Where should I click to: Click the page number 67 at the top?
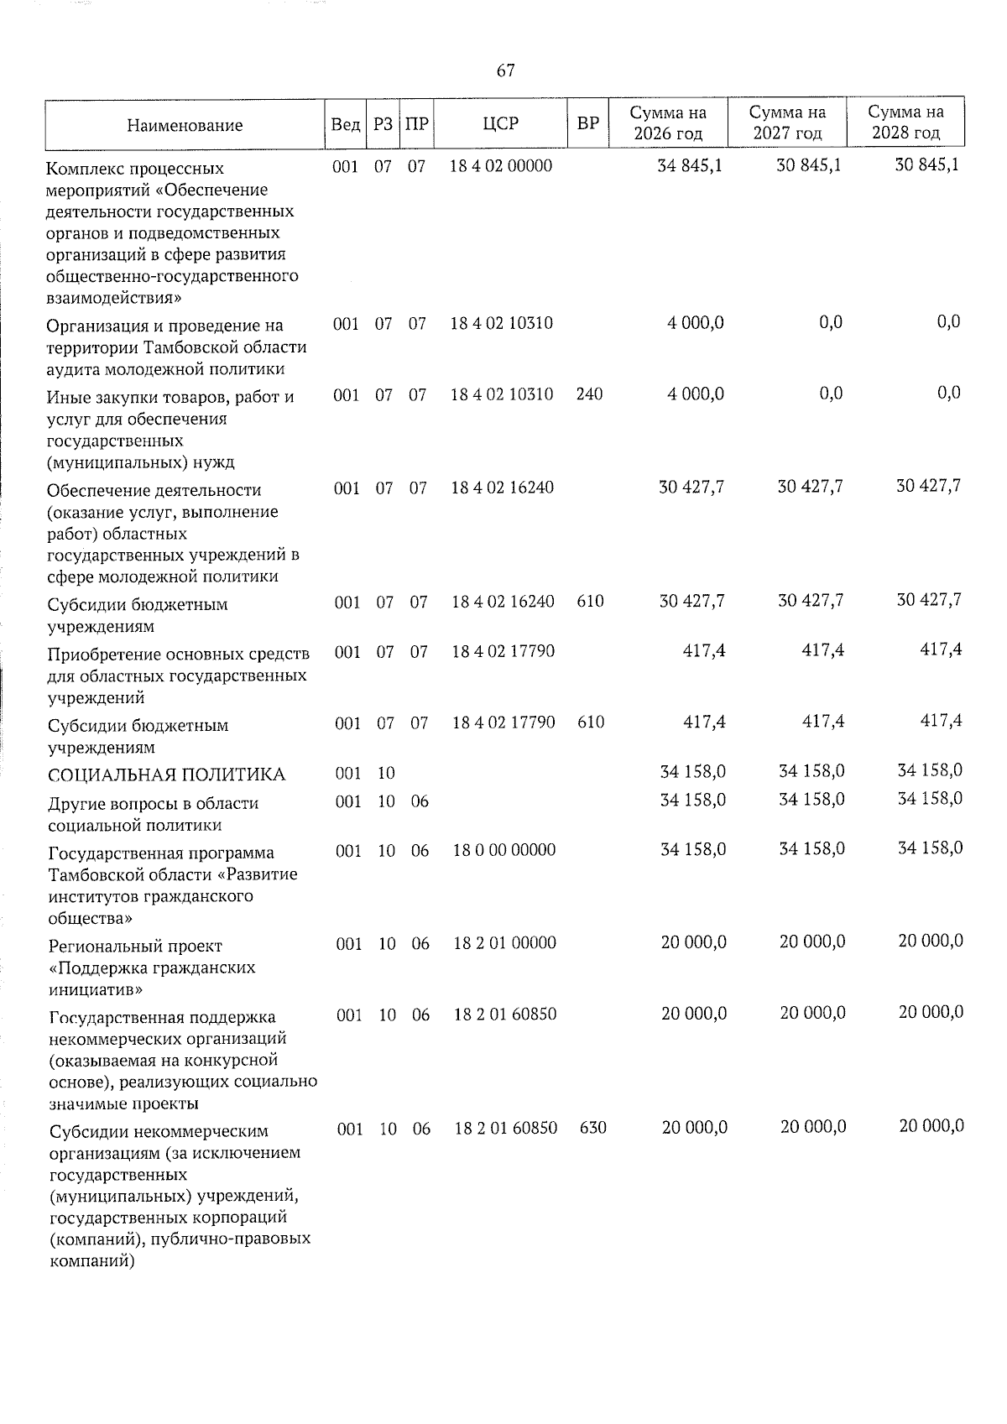(505, 70)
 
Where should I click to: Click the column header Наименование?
(185, 125)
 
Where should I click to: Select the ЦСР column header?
(501, 124)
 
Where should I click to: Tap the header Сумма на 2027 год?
(787, 123)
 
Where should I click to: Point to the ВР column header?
(588, 124)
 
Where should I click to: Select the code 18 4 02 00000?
(501, 165)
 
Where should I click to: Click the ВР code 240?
(589, 394)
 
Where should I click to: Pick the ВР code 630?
(592, 1128)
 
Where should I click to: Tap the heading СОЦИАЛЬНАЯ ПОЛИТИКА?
(166, 774)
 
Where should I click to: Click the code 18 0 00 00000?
(503, 850)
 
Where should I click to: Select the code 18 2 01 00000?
(504, 943)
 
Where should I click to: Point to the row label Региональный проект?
(135, 946)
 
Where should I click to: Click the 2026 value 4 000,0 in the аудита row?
(695, 323)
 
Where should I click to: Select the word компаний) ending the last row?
(92, 1260)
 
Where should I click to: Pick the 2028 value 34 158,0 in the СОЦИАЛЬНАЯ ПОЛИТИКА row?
(929, 769)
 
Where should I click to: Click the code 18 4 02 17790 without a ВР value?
(503, 651)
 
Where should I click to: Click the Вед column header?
(346, 124)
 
